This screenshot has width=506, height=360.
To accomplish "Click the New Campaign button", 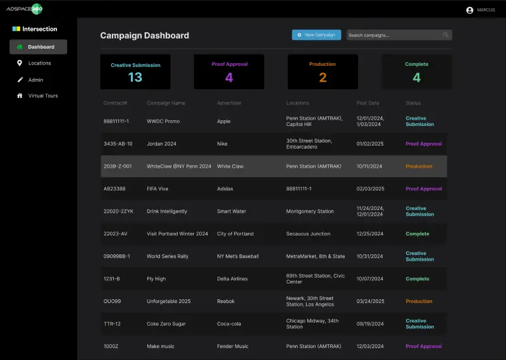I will pos(316,35).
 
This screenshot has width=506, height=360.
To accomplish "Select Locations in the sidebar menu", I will pos(39,63).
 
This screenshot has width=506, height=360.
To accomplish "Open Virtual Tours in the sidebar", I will pos(42,96).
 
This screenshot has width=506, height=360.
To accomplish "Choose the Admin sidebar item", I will pos(35,80).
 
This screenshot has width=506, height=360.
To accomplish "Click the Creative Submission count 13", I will pos(135,77).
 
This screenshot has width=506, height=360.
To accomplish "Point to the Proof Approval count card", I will pos(229,71).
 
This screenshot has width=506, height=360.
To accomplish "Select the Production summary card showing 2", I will pos(323,71).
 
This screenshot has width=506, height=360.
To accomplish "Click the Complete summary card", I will pos(416,71).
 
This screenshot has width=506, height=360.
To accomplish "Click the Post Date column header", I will pos(367,103).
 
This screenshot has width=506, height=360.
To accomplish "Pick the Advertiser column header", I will pos(229,103).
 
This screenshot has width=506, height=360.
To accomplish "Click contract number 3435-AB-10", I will pos(118,144).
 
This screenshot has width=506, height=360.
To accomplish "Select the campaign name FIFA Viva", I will pos(157,189).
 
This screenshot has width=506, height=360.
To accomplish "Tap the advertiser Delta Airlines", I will pos(232,278).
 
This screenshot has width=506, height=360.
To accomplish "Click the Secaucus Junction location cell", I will pos(308,233).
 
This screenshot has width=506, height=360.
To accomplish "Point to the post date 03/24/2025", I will pos(371,301).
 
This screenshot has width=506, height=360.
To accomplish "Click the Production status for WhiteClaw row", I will pos(419,166).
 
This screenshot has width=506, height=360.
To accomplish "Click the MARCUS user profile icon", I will pos(469,10).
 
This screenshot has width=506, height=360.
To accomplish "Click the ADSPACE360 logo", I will pos(25,9).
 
